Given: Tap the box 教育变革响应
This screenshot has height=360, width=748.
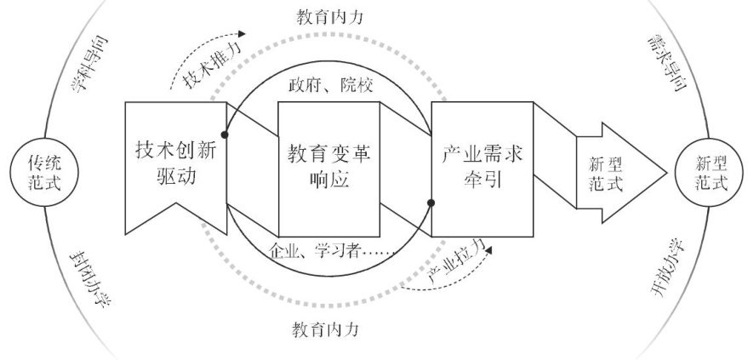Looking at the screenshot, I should [328, 167].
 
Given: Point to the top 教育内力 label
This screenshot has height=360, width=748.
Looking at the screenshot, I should [328, 16].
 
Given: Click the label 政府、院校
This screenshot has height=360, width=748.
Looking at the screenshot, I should [328, 85].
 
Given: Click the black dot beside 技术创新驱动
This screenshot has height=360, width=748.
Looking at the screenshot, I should [225, 134].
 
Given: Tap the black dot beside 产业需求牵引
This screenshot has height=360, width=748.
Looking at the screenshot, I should [431, 203].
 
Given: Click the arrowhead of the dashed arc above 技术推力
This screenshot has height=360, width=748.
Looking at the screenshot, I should [243, 35].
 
